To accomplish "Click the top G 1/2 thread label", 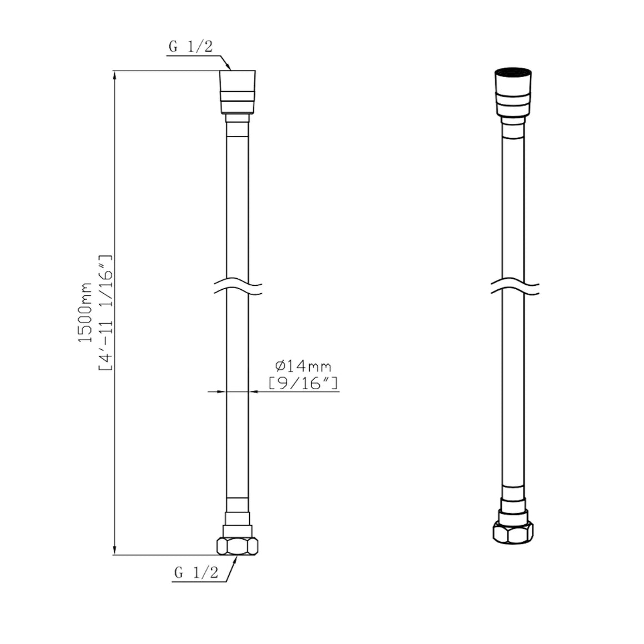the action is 190,47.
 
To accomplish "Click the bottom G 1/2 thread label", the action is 197,572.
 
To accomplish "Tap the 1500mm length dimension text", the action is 85,313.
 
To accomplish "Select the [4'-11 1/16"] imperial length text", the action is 105,313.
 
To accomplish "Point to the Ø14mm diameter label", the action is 303,365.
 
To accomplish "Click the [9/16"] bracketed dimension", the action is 303,383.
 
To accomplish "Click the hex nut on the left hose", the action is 238,546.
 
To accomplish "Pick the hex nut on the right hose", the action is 514,533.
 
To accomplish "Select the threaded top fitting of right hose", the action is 514,92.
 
